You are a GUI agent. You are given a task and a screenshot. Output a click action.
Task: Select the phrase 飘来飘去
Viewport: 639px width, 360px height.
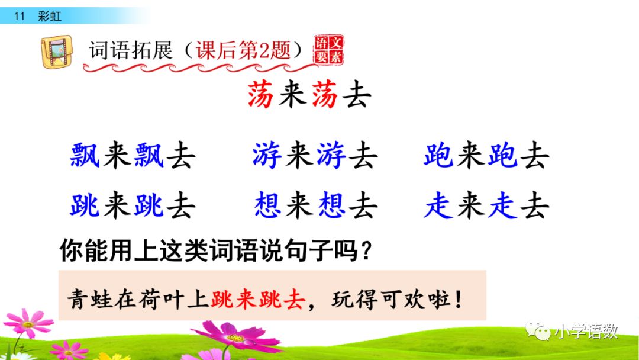133,156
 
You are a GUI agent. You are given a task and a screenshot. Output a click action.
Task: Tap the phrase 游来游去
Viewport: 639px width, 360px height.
314,156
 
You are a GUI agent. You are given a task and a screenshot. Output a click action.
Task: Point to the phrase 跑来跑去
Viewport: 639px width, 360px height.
486,156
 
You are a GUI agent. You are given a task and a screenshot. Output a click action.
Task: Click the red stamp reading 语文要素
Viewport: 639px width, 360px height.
329,49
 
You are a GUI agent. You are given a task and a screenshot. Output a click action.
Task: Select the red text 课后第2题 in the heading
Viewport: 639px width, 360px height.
243,50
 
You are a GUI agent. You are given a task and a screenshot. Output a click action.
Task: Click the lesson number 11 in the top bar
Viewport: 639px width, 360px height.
19,16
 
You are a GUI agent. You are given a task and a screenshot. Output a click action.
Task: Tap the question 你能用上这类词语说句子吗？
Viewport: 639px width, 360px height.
217,252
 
